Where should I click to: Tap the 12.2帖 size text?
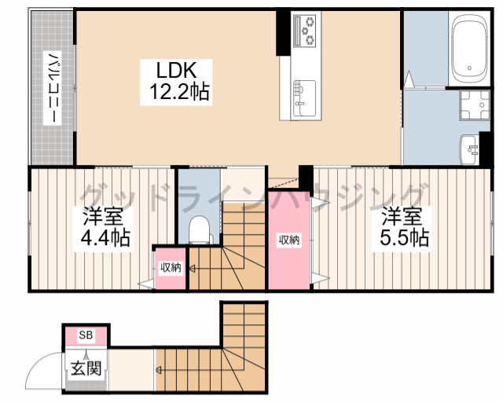pos(179,93)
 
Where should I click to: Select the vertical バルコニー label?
pos(53,86)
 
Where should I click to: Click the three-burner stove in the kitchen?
pos(304,31)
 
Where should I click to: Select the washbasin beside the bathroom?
pos(472,147)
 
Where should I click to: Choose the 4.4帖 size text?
pos(104,236)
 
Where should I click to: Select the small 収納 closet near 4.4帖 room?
pos(171,269)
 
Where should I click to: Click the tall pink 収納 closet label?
pos(288,240)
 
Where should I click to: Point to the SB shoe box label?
pos(86,336)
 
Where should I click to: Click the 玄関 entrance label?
pos(84,367)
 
